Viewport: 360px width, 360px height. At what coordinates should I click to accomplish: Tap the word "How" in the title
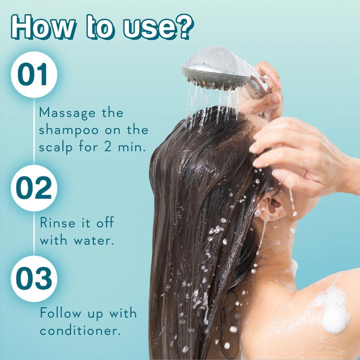[x=42, y=27]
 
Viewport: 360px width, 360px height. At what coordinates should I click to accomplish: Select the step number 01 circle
[x=34, y=75]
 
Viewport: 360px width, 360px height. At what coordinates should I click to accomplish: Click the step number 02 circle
[x=34, y=188]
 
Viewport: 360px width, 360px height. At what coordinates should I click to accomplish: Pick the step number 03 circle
[x=34, y=279]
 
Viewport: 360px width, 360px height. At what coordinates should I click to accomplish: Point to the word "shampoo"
[x=69, y=130]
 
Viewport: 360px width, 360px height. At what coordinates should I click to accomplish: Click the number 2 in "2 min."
[x=107, y=147]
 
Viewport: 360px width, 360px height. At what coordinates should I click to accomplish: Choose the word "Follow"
[x=60, y=313]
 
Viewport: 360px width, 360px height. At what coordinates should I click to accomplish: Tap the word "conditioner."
[x=80, y=331]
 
